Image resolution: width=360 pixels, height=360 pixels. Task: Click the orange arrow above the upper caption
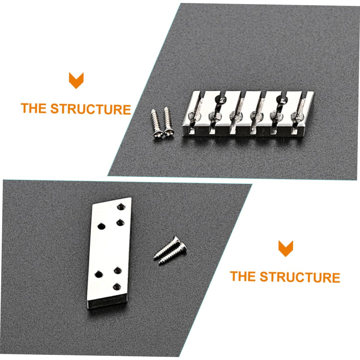76,80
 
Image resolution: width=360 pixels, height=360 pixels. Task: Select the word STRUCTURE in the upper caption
91,109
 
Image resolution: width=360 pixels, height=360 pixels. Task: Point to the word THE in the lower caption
243,277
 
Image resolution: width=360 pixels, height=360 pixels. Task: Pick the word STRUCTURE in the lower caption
300,277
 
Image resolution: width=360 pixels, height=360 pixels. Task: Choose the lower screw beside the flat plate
172,253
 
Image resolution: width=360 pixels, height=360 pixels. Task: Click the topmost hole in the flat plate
120,207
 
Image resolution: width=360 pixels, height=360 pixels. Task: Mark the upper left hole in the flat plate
101,226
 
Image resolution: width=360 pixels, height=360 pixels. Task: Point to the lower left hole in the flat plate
98,275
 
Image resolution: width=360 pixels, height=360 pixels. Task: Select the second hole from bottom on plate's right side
118,270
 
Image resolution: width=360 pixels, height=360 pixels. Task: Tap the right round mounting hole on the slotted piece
281,100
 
